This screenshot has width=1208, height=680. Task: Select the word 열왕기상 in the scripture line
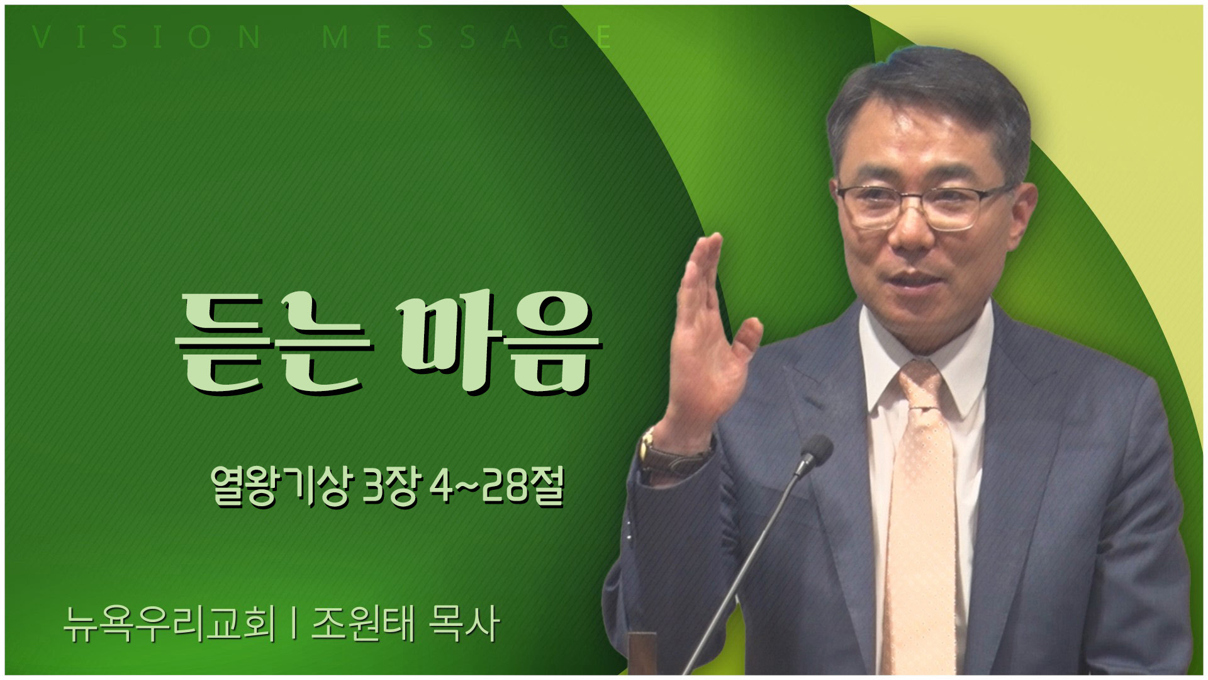coord(280,487)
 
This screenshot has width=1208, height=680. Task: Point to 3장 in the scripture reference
coord(391,487)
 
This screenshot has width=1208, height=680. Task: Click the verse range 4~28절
coord(497,487)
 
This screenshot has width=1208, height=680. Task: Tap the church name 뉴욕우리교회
coord(169,624)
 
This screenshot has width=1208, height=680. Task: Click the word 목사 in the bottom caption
coord(463,624)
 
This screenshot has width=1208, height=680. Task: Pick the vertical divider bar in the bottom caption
coord(294,625)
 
